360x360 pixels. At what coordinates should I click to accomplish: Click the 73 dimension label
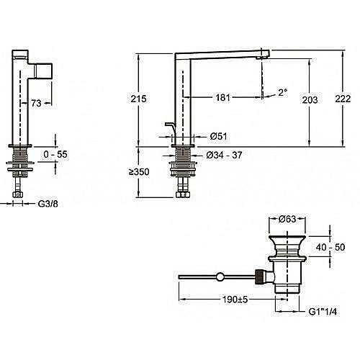(x=36, y=103)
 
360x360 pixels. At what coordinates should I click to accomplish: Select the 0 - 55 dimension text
(x=55, y=154)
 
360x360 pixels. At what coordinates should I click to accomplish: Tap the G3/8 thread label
(x=48, y=204)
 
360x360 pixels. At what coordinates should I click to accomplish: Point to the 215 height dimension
(x=138, y=99)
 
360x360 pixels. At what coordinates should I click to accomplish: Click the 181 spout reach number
(x=222, y=98)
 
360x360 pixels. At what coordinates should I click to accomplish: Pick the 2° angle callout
(x=283, y=92)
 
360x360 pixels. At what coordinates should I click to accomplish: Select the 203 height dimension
(x=310, y=100)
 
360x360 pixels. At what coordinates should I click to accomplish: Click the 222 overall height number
(x=343, y=99)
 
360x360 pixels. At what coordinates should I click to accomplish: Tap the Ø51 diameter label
(x=218, y=136)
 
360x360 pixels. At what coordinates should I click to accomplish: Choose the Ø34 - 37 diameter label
(x=224, y=155)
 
